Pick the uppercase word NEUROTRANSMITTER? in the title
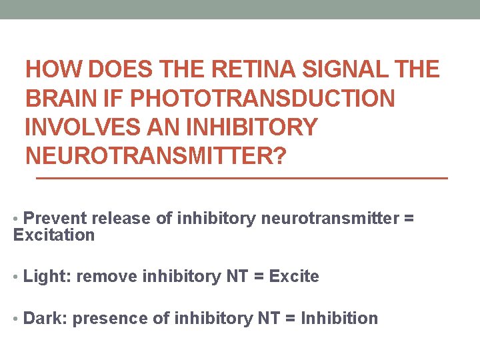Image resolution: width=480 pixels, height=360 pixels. point(155,157)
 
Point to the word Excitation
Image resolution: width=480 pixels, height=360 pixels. point(54,235)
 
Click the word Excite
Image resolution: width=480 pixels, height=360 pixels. point(294,277)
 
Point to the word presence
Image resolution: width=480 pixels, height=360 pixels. point(110,319)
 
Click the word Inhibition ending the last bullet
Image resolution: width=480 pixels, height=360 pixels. point(339,319)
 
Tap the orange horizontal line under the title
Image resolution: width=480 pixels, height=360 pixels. point(241,179)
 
